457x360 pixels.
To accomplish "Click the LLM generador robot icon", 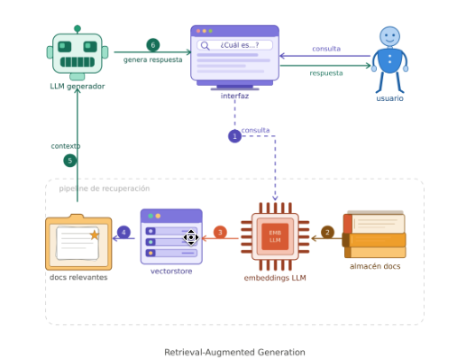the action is pos(78,53).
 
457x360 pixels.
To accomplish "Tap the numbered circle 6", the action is pos(153,45).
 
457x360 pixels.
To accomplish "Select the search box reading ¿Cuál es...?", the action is pos(234,45).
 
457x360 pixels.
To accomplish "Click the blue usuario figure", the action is pos(389,60).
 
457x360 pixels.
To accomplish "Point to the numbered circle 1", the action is pos(234,136).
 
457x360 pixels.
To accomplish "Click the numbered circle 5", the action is pos(70,161).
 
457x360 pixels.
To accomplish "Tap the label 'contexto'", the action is pos(66,146).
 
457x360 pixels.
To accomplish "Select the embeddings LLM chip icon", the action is pos(275,236).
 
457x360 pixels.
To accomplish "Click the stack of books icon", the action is pos(374,235).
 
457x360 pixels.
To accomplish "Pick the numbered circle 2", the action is pos(327,232).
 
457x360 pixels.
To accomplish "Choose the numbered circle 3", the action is pos(220,232).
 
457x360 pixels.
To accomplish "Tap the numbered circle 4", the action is pos(123,232).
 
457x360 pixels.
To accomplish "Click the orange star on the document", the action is pos(95,235).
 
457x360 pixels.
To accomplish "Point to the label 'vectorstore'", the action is pos(171,272).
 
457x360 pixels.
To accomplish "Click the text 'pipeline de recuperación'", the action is pos(105,189).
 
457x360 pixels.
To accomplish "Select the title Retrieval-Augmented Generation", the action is pos(234,352).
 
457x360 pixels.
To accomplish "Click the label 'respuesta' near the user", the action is pos(326,73).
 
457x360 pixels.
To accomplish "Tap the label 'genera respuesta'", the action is pos(153,60).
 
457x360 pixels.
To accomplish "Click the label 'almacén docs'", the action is pos(375,266).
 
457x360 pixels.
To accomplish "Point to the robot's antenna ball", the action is pos(78,29).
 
